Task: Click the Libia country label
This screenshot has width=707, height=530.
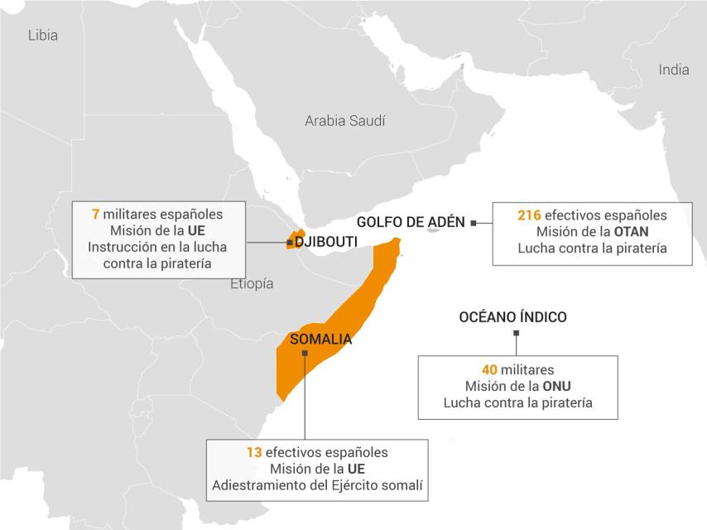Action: [x=43, y=35]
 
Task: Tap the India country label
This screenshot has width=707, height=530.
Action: [x=673, y=70]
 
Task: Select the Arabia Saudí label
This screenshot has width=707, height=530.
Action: [x=344, y=121]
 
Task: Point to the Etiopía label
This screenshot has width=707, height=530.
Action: [x=252, y=284]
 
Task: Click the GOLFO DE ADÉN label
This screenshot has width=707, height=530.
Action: [x=411, y=222]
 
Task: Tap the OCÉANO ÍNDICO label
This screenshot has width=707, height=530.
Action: [x=512, y=317]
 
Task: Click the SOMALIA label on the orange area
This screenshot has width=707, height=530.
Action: [x=320, y=339]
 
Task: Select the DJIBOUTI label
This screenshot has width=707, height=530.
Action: [x=326, y=242]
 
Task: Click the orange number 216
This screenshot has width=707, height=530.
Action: [x=529, y=215]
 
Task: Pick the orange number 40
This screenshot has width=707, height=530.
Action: [x=489, y=369]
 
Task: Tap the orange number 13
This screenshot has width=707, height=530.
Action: [x=254, y=452]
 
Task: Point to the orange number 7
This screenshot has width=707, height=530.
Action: [x=96, y=214]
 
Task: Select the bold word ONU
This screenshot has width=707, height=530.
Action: [x=556, y=386]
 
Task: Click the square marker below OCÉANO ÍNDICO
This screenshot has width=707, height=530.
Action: [x=516, y=334]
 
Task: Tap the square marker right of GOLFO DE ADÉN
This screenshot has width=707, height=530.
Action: [x=473, y=222]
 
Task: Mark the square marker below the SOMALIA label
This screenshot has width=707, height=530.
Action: [x=305, y=354]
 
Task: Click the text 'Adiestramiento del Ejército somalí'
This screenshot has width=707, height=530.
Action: [x=317, y=485]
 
